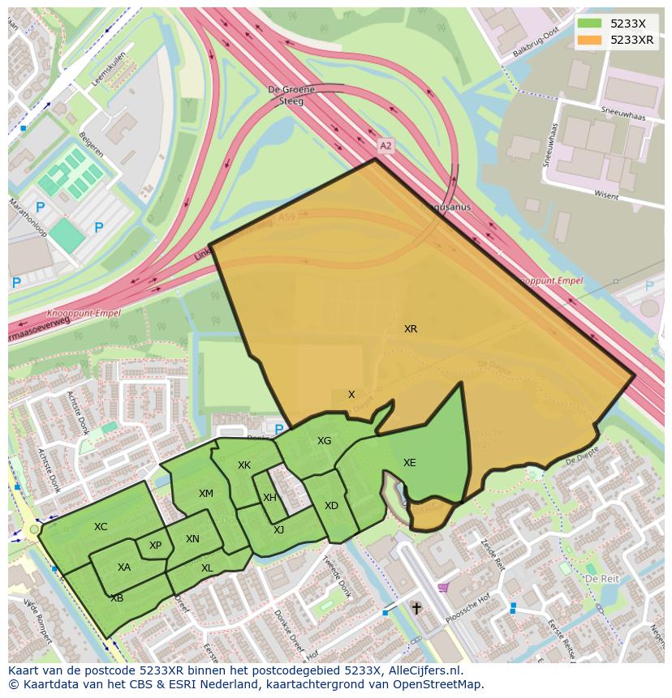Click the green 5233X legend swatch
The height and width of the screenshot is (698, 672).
pos(591,24)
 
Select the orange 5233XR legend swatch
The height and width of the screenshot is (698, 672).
pos(591,40)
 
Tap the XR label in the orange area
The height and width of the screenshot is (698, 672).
pos(411,329)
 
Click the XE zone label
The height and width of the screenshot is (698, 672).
pos(410,463)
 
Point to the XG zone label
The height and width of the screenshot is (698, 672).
pos(325,441)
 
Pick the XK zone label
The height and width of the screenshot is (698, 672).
pos(244,465)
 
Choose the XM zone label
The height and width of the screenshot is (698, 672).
pos(206,494)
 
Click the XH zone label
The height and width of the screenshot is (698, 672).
pos(270,498)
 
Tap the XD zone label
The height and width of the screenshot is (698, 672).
pos(331,506)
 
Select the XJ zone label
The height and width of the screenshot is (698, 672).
pos(278,530)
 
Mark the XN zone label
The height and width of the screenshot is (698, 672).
pos(192,539)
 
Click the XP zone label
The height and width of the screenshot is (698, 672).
pos(155,546)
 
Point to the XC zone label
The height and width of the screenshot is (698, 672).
pos(101,527)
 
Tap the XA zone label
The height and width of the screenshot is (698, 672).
pos(124,567)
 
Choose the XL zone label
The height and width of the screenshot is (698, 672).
pos(207,568)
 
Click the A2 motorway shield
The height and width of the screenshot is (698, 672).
pos(386,146)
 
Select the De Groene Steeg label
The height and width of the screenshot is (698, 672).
pos(286,96)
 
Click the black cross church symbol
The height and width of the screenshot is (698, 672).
pos(416,607)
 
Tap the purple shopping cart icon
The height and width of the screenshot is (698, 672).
pos(442,587)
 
